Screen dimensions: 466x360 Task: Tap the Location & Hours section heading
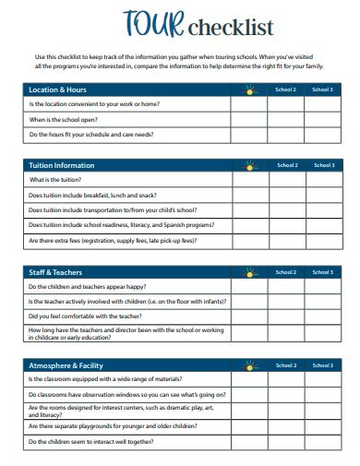tap(58, 90)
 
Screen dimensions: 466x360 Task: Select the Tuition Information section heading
tap(62, 165)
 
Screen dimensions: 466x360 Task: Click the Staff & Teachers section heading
tap(57, 272)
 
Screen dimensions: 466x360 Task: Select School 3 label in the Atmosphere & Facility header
tap(322, 364)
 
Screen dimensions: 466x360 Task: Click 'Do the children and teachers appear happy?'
tap(90, 286)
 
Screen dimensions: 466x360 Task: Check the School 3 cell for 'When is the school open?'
tap(322, 119)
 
